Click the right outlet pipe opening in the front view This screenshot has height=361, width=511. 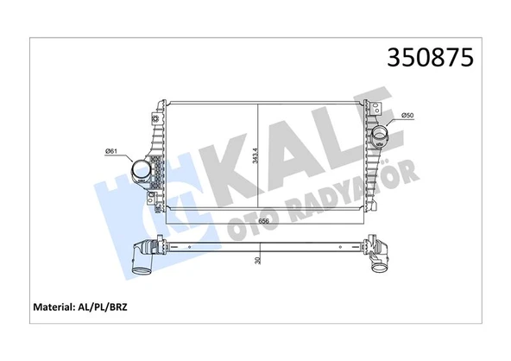(x=380, y=136)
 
